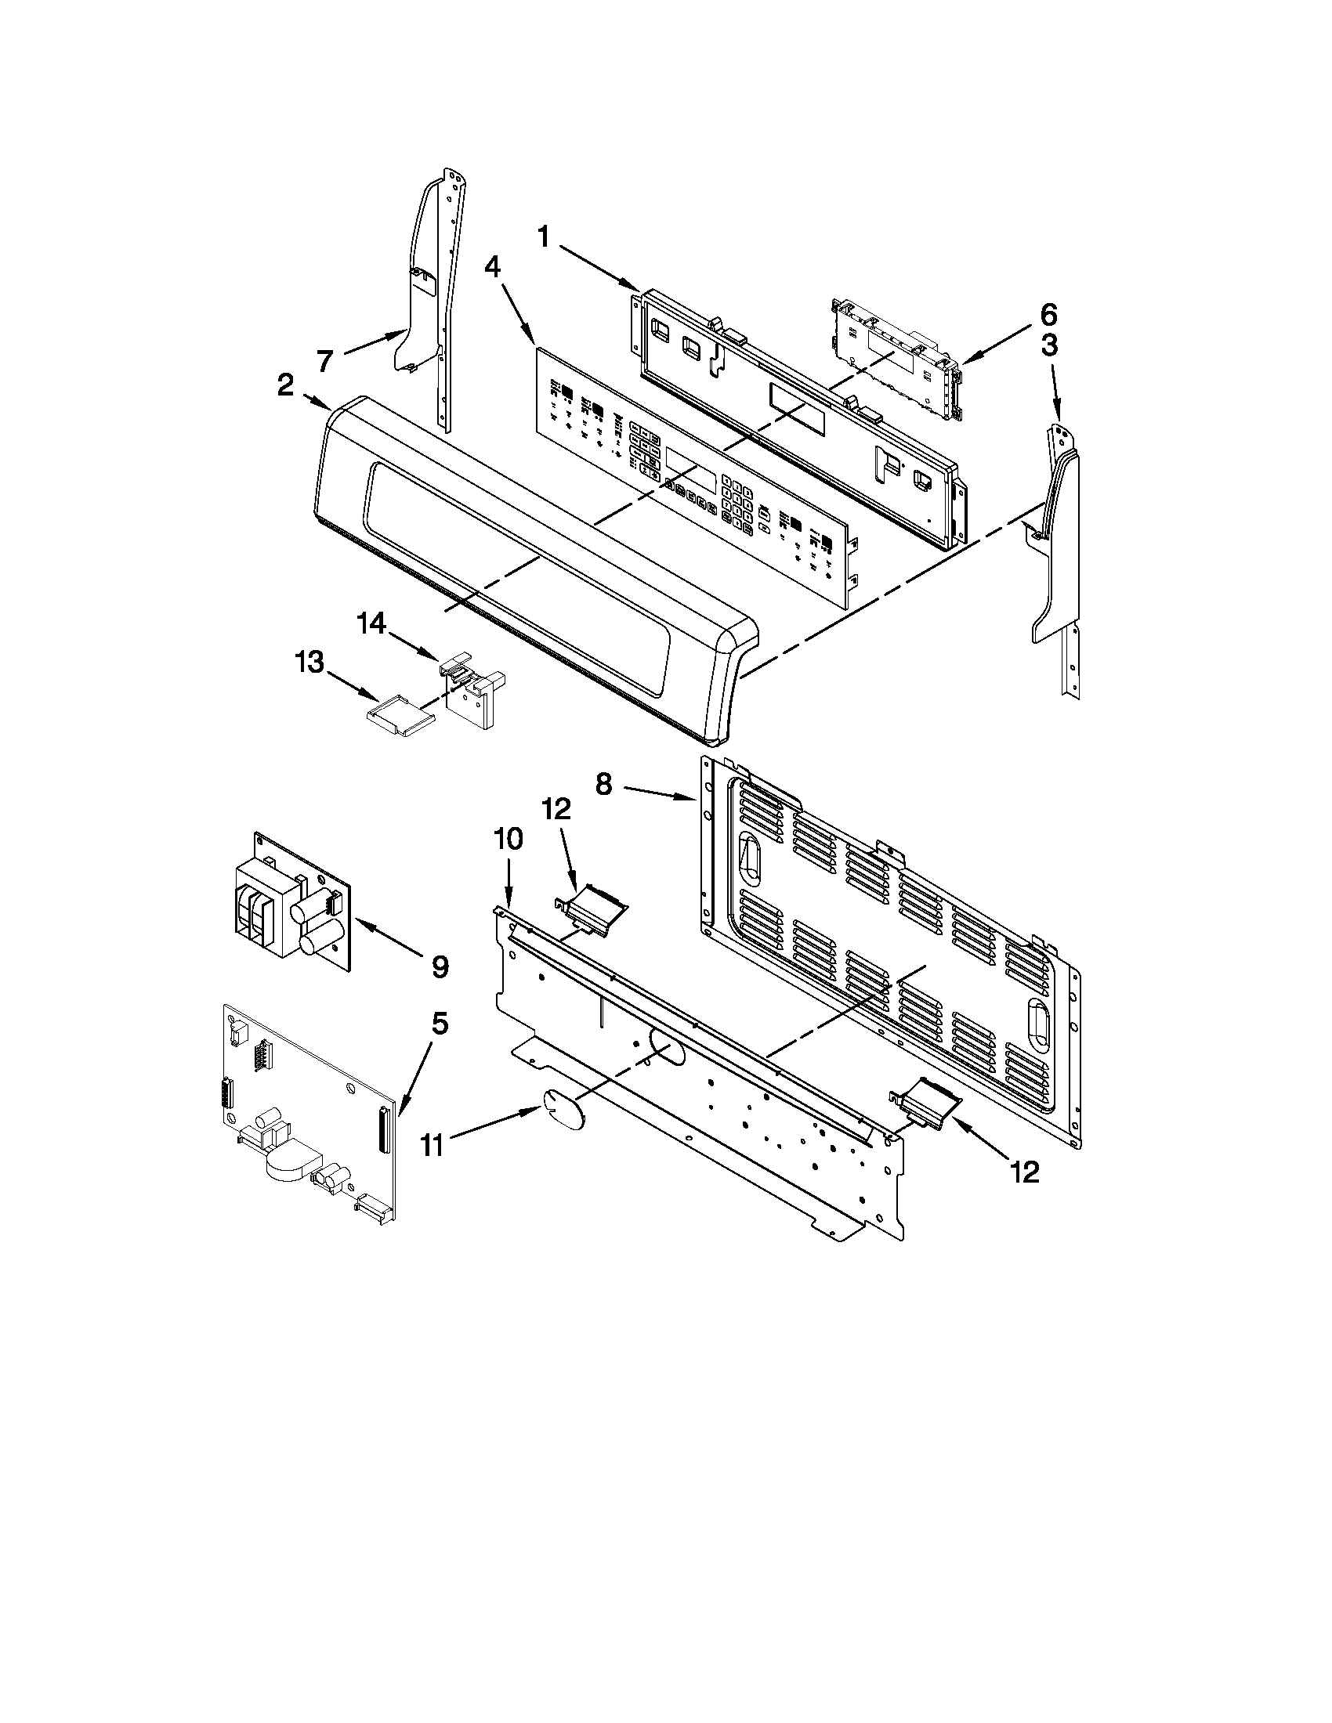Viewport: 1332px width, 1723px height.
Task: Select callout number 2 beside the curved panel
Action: click(x=286, y=386)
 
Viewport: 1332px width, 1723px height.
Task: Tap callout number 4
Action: click(x=491, y=267)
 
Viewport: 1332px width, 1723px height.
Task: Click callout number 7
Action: click(x=324, y=361)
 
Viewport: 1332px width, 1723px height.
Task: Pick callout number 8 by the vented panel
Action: click(x=603, y=786)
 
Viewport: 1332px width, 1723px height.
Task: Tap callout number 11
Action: click(x=431, y=1145)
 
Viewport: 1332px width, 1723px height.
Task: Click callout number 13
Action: click(x=309, y=663)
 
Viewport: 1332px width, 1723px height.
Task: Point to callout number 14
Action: click(x=371, y=624)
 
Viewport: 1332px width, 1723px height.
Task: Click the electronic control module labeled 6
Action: click(x=897, y=359)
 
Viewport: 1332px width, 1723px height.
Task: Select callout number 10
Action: click(x=509, y=840)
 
